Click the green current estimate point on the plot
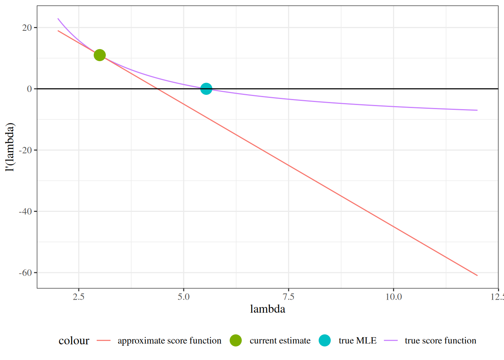(x=99, y=55)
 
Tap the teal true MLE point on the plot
(x=206, y=89)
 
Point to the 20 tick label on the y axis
(x=27, y=28)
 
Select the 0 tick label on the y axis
(x=29, y=89)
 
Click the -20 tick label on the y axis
(x=25, y=150)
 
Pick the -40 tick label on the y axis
(x=25, y=211)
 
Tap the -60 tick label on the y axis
(x=25, y=273)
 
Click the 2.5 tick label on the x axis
(x=79, y=297)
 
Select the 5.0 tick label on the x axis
(x=184, y=297)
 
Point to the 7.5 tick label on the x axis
(x=288, y=297)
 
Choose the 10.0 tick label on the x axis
(x=393, y=297)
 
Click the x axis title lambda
(x=267, y=309)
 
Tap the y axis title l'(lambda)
(x=10, y=147)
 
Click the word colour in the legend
(x=74, y=340)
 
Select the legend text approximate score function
(x=169, y=340)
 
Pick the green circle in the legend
(x=235, y=340)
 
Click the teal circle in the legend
(x=325, y=340)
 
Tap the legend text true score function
(x=440, y=340)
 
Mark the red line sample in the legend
(x=103, y=340)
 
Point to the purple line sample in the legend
(x=391, y=340)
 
